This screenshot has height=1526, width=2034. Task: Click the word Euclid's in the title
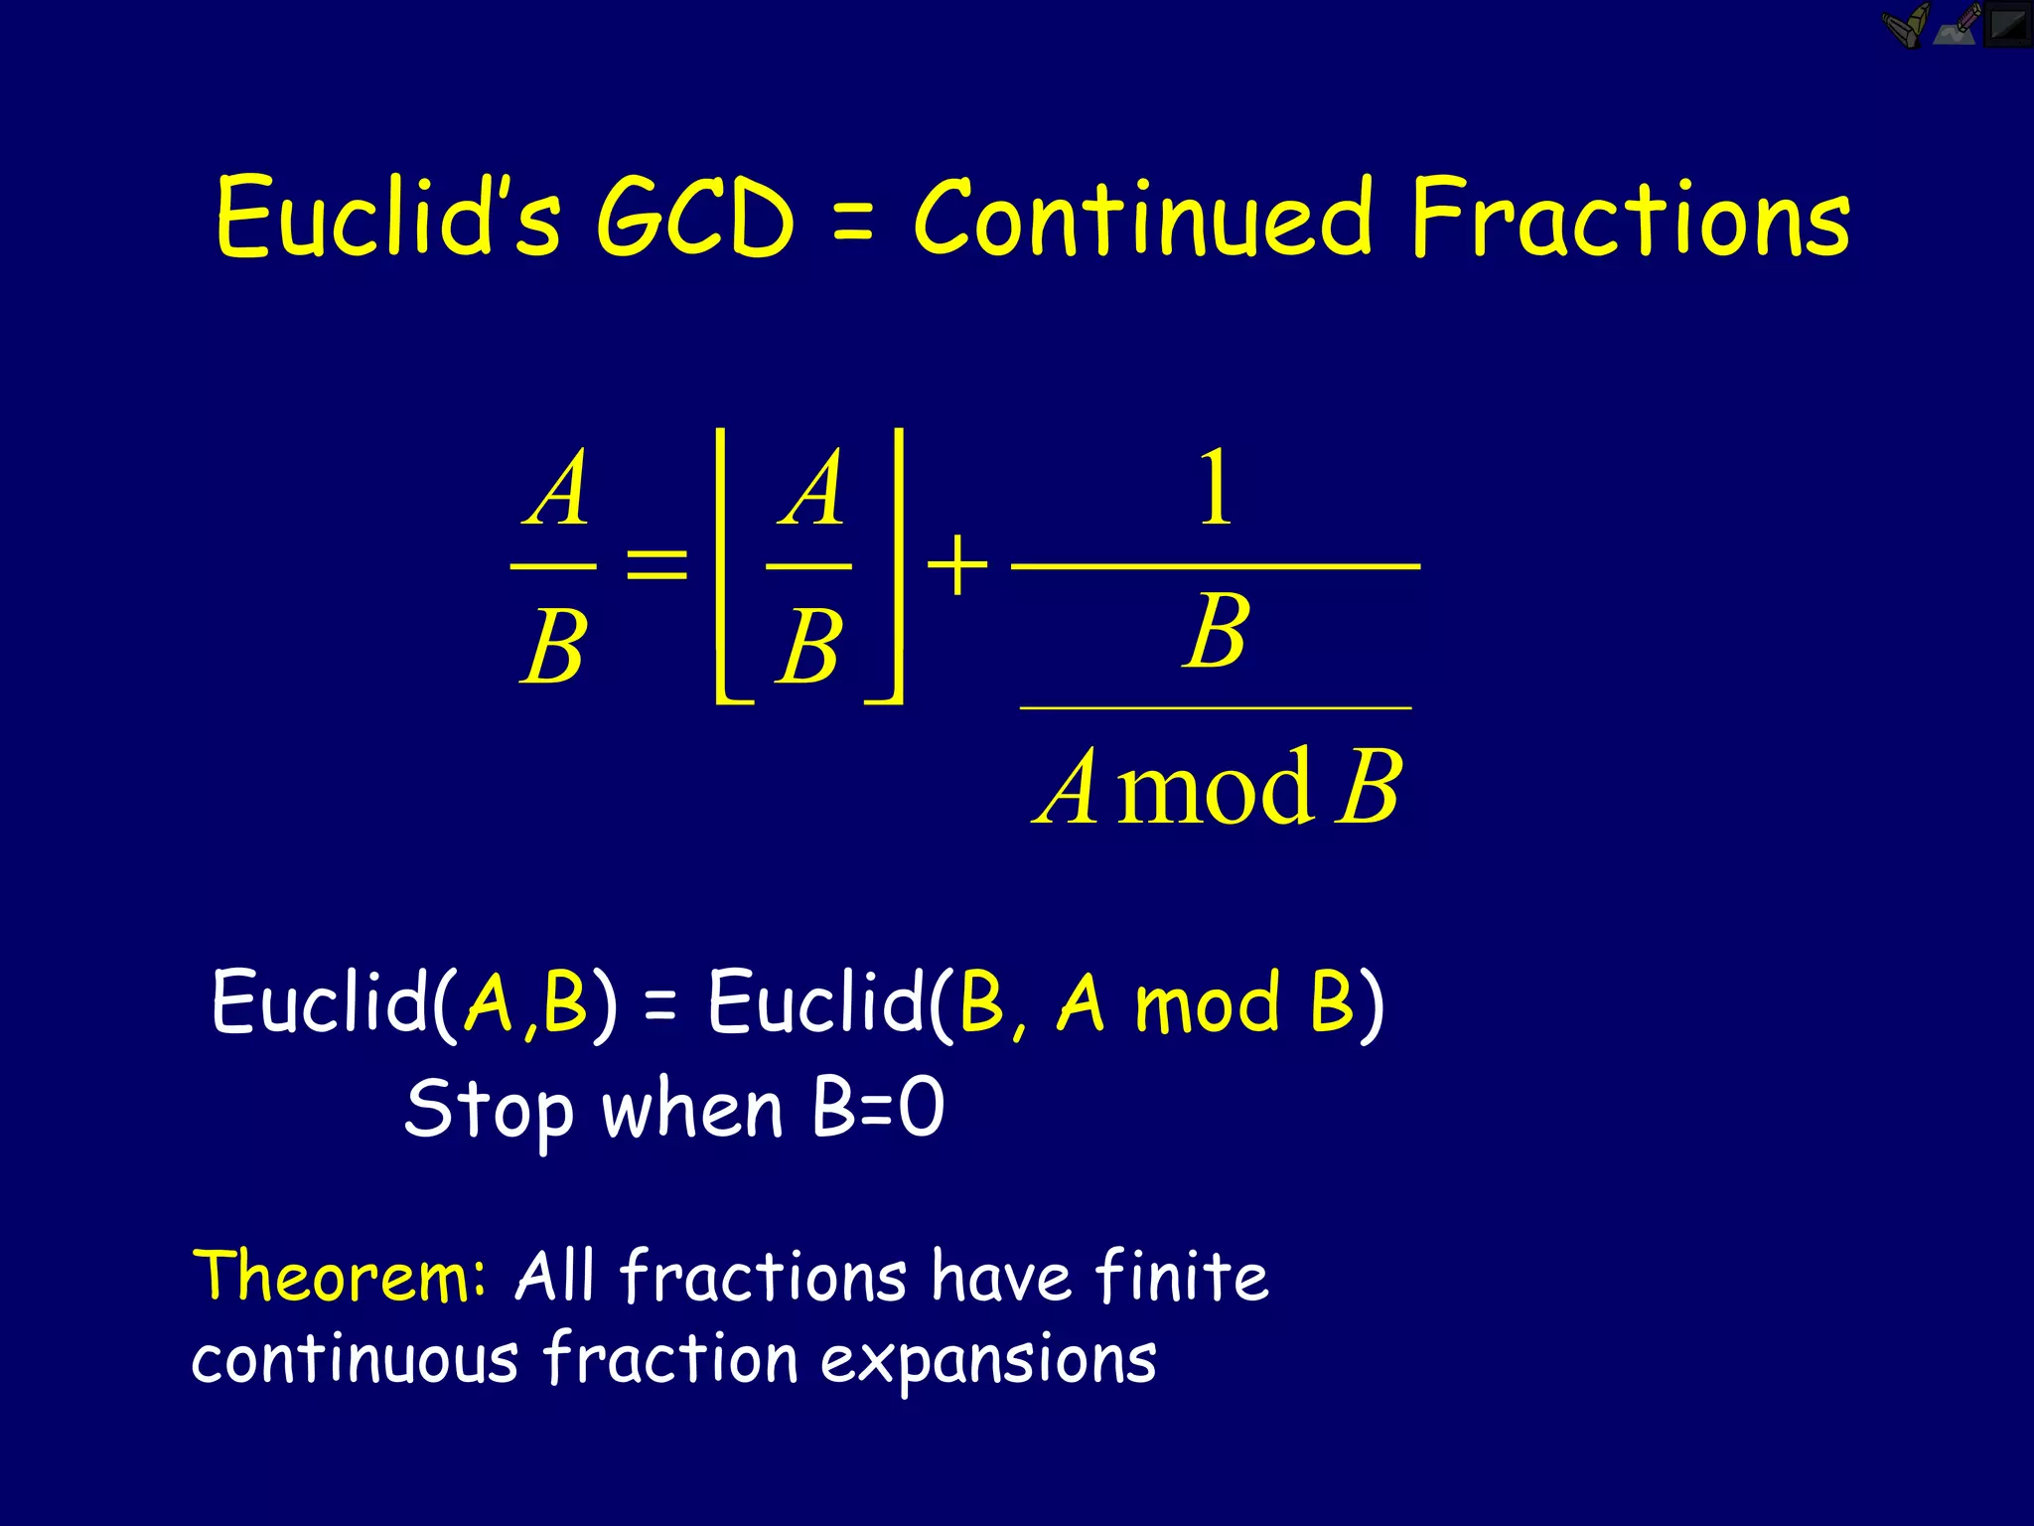click(387, 217)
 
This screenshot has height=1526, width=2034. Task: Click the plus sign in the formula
click(956, 566)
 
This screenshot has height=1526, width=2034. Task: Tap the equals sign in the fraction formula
click(656, 566)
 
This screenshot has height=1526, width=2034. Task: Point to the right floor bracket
click(891, 566)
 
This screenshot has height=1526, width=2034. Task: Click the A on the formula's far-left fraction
click(556, 489)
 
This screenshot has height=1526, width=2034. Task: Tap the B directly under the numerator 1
click(1216, 632)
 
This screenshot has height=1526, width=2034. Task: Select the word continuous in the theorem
click(355, 1359)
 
